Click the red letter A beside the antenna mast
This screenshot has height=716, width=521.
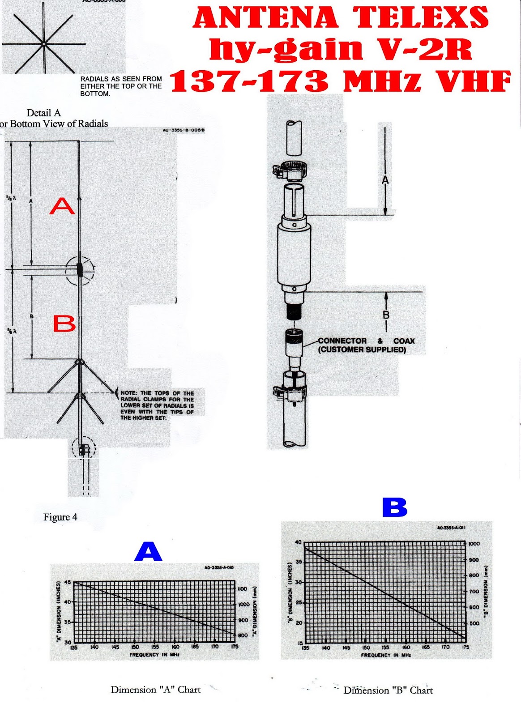coord(62,206)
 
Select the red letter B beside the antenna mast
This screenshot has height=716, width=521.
coord(64,323)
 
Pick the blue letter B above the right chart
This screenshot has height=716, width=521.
coord(395,508)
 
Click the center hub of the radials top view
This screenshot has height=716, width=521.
coord(43,44)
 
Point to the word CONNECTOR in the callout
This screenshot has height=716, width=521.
coord(342,341)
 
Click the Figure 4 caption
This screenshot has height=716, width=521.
coord(60,517)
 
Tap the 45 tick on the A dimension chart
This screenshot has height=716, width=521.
coord(68,582)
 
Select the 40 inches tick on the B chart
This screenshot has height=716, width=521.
coord(298,542)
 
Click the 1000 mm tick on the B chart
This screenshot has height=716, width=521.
coord(474,544)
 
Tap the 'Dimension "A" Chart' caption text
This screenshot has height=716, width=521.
coord(155,690)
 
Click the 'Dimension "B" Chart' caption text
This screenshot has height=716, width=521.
coord(388,690)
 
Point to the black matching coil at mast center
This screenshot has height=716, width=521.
coord(80,269)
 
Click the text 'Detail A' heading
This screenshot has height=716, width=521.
coord(43,113)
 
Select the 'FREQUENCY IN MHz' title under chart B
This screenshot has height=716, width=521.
coord(386,655)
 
